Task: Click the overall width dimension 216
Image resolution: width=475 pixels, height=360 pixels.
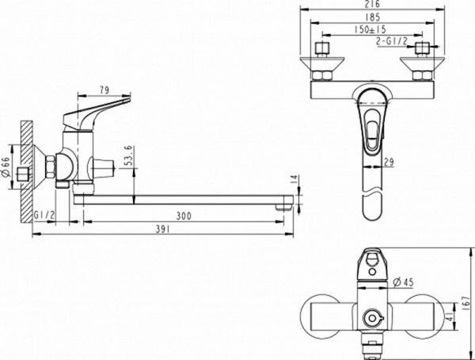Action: coord(375,6)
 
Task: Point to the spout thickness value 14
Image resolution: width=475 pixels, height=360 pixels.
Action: coord(294,182)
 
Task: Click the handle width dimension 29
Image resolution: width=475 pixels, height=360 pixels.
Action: coord(389,163)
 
